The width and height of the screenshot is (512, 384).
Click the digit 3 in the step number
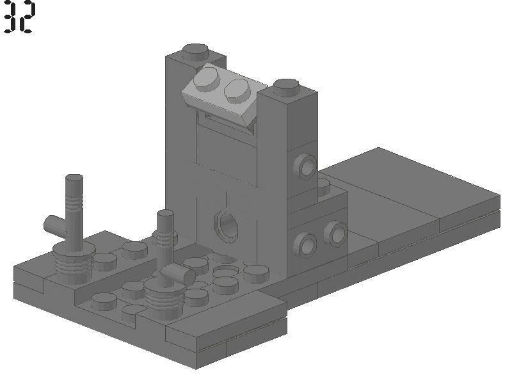[x=10, y=17]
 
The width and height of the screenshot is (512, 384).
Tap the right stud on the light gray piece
[x=238, y=89]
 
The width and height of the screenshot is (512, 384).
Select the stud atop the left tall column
[x=195, y=52]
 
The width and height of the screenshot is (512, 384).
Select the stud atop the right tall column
[x=286, y=87]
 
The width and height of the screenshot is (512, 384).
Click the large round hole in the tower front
[x=226, y=226]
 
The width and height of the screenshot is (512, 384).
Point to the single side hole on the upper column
[x=305, y=167]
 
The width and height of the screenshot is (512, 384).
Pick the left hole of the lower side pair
[x=305, y=245]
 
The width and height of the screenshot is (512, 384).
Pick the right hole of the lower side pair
[x=336, y=234]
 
